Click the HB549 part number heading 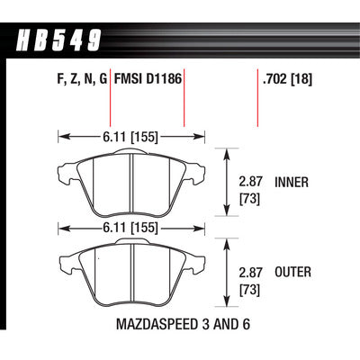pos(58,40)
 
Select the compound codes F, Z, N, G pos(82,80)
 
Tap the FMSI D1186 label pos(148,79)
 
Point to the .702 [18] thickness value pos(287,79)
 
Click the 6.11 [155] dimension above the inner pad pos(130,137)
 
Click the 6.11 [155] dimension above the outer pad pos(130,228)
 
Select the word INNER pos(292,182)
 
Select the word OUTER pos(292,272)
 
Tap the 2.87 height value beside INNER pos(250,182)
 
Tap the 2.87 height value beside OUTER pos(250,273)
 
